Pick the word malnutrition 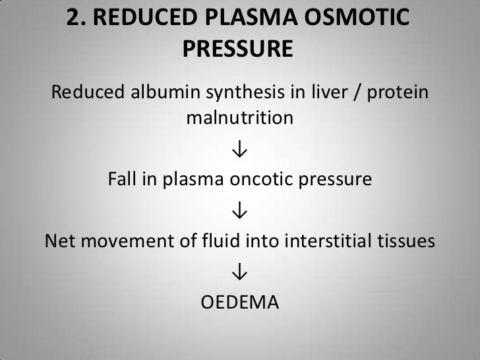tap(239, 119)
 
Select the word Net tap(58, 241)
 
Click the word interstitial tap(330, 241)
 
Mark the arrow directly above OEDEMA tap(239, 272)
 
